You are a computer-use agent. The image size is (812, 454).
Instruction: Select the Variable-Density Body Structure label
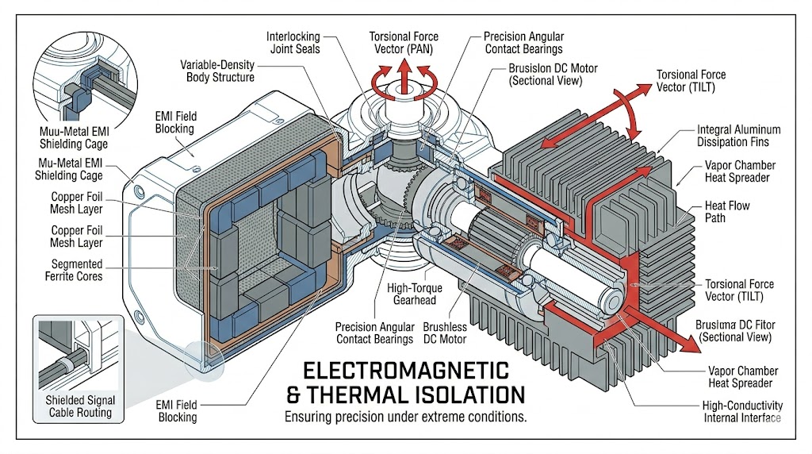(x=217, y=71)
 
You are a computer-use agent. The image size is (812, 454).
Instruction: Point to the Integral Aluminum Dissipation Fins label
(x=738, y=136)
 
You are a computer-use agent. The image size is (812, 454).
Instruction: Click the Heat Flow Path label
(x=726, y=212)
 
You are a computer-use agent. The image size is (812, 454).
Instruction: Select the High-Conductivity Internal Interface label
(x=742, y=412)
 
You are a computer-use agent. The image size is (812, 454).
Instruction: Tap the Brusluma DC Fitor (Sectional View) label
(x=735, y=329)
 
